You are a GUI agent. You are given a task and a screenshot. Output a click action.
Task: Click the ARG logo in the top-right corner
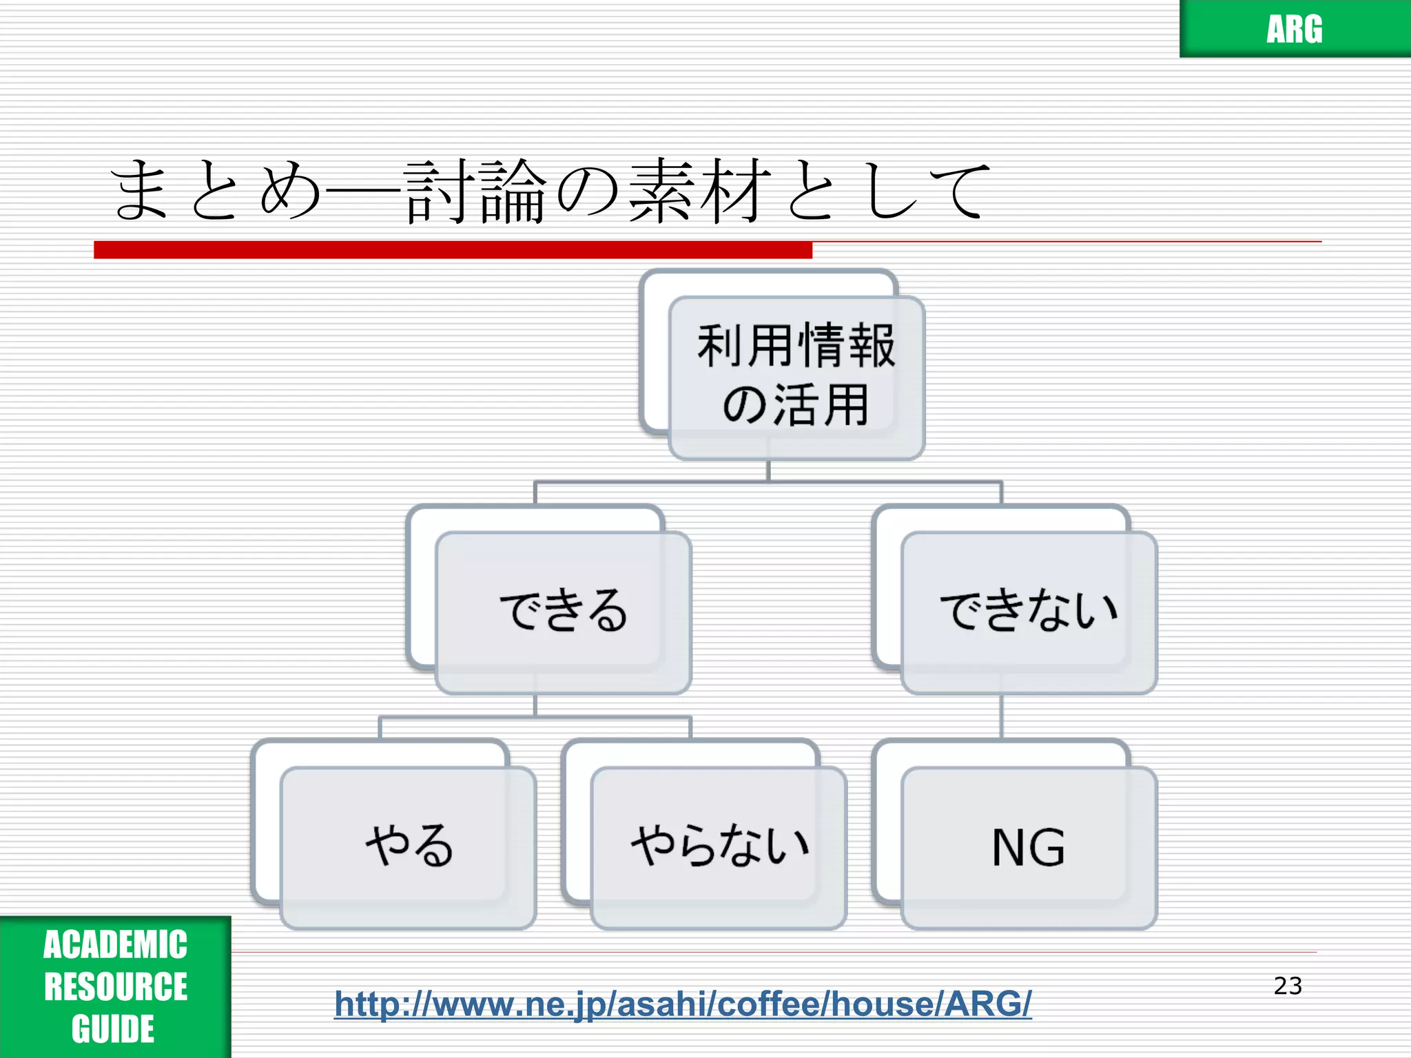tap(1294, 29)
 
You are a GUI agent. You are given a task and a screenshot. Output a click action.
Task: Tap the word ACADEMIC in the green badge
tap(115, 944)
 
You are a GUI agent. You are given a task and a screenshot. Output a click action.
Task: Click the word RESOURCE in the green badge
tap(115, 986)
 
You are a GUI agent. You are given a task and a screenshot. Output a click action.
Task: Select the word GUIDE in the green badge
tap(113, 1029)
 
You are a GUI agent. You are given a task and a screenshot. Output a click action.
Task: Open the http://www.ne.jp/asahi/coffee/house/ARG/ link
tap(683, 1004)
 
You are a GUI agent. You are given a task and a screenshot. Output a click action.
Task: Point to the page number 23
tap(1287, 986)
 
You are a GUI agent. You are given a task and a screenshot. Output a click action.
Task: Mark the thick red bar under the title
tap(453, 249)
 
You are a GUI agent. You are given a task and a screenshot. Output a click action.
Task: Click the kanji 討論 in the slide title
tap(475, 191)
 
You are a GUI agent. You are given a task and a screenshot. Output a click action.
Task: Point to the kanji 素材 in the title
tap(697, 191)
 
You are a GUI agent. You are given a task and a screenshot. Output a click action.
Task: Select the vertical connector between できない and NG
tap(1001, 716)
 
